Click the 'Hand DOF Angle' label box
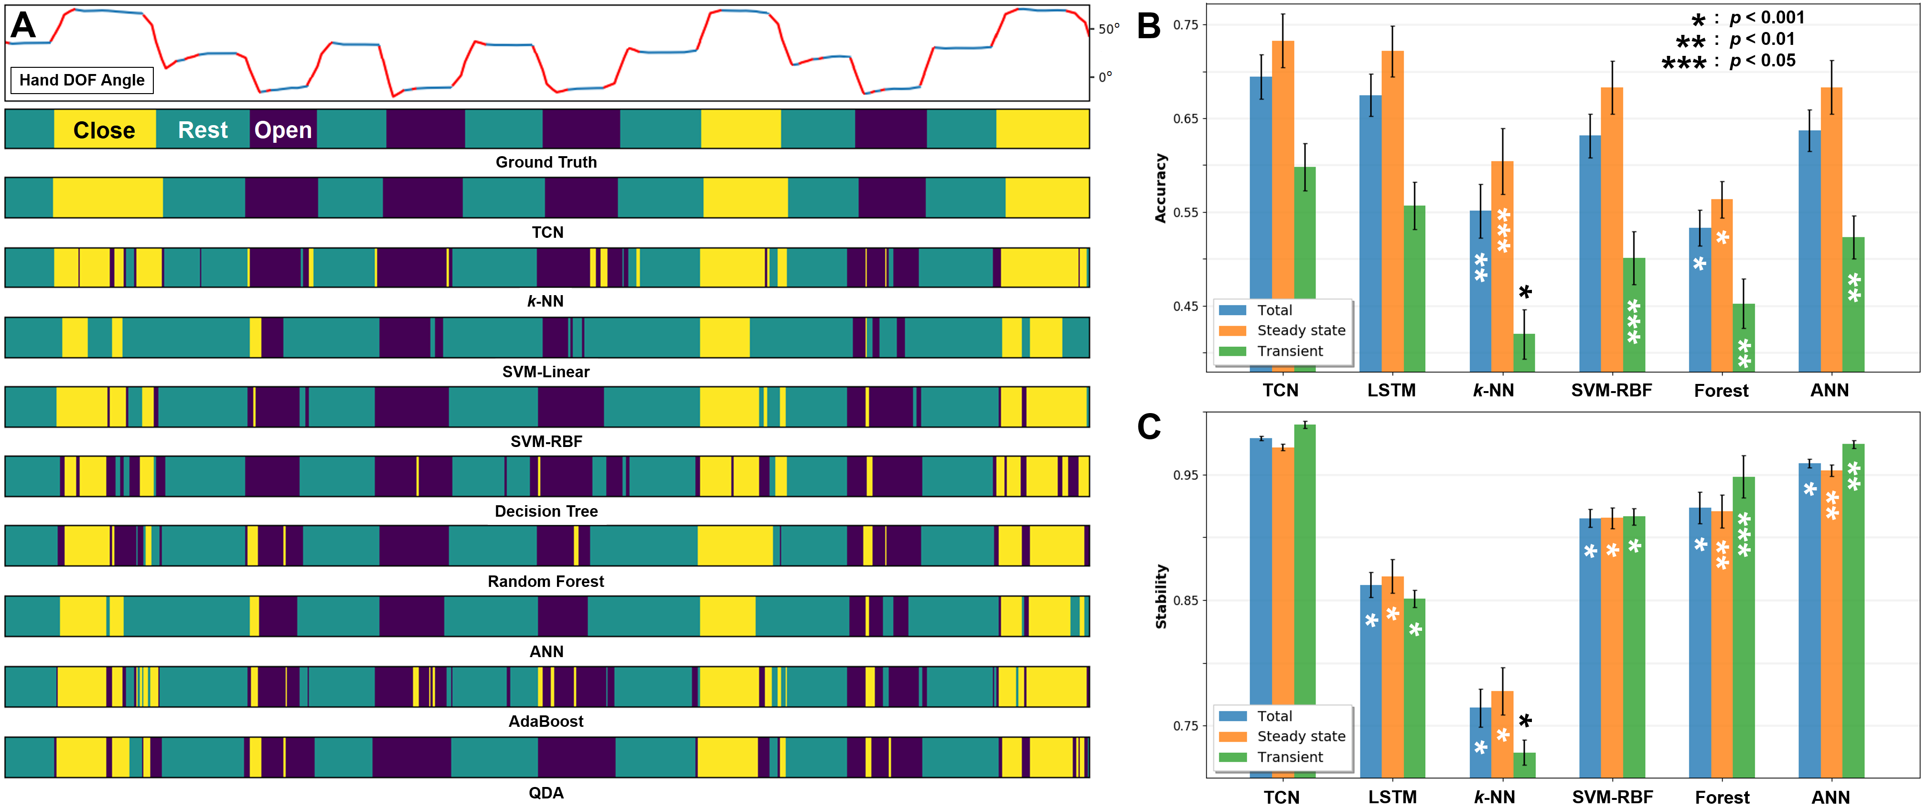tap(82, 80)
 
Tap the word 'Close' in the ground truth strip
tap(104, 130)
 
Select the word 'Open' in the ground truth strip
tap(283, 130)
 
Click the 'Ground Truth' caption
tap(546, 162)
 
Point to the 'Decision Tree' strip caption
tap(546, 511)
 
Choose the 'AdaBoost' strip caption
tap(546, 721)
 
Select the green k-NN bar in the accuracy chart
tap(1524, 353)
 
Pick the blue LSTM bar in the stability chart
tap(1370, 680)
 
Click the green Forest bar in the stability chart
tap(1744, 628)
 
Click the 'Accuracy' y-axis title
tap(1160, 188)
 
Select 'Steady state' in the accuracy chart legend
tap(1301, 330)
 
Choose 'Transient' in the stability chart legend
tap(1290, 757)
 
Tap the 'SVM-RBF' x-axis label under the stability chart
tap(1612, 797)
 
